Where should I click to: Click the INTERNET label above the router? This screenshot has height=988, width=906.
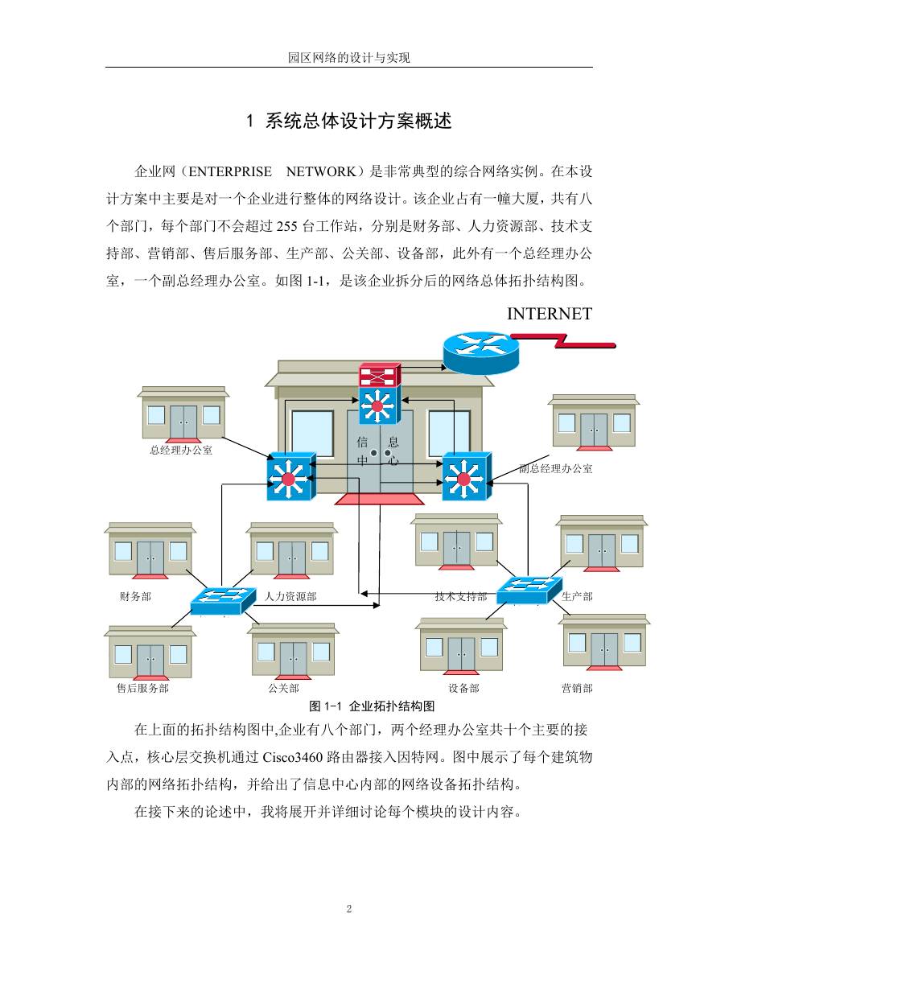550,314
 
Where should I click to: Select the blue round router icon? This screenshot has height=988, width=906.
481,352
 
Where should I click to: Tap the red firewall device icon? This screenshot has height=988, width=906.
379,375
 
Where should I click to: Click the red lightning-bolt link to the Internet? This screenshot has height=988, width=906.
563,340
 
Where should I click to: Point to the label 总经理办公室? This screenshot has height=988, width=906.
181,451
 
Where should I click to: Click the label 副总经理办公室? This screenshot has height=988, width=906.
555,469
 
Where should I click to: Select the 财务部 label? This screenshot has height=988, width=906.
135,596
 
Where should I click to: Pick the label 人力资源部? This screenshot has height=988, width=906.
290,596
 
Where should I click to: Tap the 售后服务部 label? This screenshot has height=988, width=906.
142,688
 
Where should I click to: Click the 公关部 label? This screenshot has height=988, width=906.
283,688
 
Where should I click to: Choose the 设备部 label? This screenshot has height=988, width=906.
463,688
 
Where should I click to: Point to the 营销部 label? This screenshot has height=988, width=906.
577,688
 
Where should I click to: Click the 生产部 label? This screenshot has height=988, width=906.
577,596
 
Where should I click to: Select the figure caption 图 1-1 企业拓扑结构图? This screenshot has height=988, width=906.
372,706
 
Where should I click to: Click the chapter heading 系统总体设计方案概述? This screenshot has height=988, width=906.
358,121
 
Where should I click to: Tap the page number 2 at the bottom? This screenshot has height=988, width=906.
349,909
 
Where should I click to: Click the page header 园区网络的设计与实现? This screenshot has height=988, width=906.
349,58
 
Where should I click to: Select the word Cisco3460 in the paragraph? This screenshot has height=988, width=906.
293,757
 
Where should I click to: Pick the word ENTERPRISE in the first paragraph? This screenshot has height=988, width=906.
230,171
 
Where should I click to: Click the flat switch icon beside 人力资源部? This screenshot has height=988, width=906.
223,601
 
